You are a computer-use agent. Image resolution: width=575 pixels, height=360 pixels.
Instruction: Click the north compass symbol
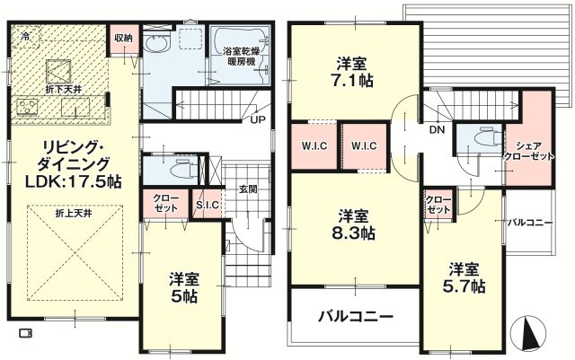coord(528,332)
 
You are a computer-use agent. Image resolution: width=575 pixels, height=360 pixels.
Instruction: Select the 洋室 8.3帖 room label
coord(353,224)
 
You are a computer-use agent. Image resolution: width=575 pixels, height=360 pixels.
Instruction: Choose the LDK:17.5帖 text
coord(73,181)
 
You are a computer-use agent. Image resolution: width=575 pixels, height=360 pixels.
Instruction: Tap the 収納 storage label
coord(123,38)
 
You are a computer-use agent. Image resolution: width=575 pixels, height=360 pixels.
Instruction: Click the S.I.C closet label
coord(208,205)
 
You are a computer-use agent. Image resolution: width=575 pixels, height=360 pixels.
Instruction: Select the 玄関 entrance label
coord(248,189)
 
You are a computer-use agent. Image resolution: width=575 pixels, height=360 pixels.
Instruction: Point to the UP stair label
coord(258,120)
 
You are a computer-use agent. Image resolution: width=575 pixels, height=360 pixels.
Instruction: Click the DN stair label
coord(438,129)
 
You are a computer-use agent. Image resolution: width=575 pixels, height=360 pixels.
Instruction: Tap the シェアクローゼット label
coord(529,151)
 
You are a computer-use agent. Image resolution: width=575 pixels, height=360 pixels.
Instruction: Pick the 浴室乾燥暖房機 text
coord(239,56)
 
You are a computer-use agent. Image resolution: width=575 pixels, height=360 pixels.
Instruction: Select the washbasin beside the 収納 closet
coord(155,44)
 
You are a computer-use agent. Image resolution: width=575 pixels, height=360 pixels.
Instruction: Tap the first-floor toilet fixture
coord(186,170)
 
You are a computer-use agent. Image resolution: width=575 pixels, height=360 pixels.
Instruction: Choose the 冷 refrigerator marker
coord(26,36)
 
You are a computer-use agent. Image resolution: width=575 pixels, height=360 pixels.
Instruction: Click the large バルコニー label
coord(356,316)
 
